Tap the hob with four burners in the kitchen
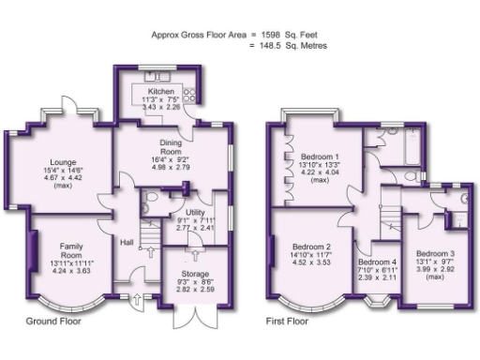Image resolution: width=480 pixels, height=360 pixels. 188,92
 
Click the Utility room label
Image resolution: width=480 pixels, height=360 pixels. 195,213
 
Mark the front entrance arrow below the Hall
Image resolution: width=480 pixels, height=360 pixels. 139,301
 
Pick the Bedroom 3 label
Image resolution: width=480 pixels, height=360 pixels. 436,253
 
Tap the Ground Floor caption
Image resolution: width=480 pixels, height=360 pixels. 53,321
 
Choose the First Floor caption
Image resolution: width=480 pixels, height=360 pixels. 287,321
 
